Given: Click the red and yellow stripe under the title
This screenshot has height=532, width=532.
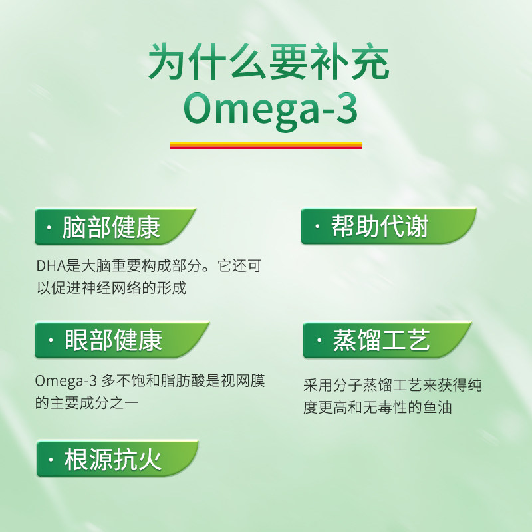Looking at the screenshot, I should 266,144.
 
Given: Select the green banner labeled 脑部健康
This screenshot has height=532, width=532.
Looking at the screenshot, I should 113,227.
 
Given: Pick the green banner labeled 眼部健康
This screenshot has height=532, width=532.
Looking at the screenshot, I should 113,340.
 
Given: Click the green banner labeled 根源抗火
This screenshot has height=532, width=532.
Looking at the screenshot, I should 113,459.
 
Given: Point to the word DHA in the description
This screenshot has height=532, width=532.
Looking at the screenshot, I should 49,266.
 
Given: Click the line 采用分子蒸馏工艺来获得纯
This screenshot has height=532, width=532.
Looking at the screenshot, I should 392,386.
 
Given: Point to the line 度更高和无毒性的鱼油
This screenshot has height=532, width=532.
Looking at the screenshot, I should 377,407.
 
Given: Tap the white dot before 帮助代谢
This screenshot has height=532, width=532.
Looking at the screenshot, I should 317,228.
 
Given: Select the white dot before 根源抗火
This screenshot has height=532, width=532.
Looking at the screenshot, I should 51,460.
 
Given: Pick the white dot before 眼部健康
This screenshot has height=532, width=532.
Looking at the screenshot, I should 51,341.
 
